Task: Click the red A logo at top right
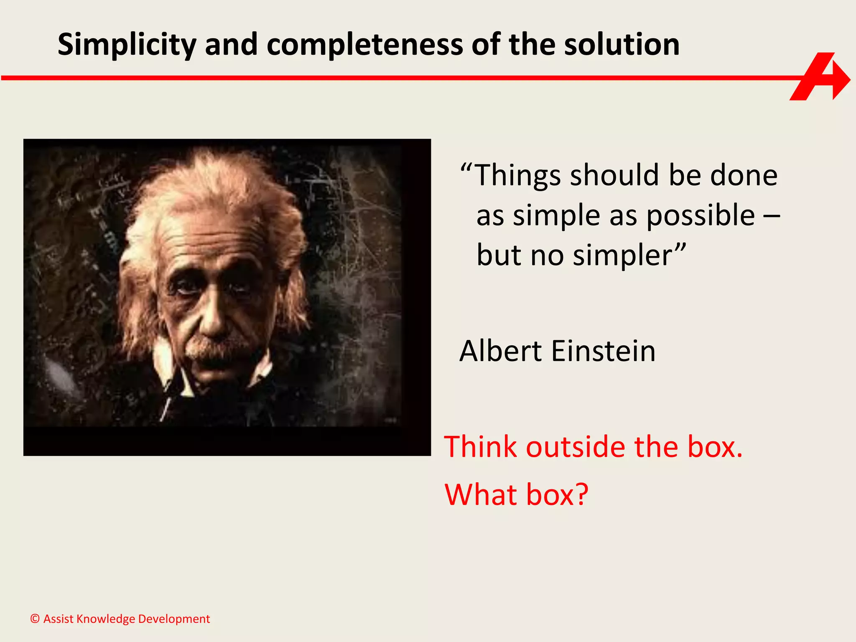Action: pos(818,77)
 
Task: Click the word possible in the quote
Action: pos(700,216)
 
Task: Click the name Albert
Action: pos(501,351)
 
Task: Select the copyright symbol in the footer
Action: pos(35,619)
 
